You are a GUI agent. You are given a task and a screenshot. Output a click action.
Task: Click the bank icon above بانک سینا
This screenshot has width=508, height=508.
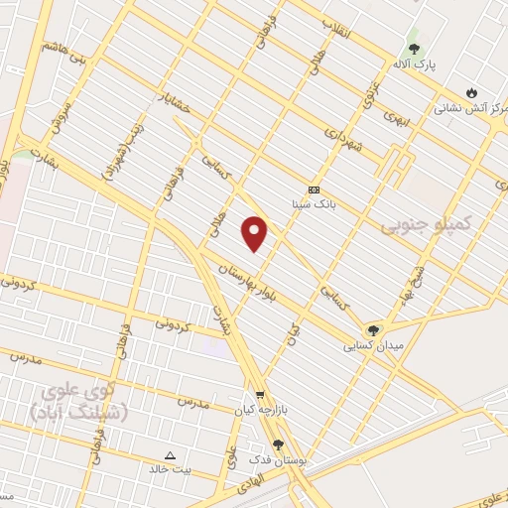(x=314, y=190)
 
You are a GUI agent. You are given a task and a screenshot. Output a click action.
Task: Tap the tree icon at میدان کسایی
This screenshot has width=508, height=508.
(x=373, y=330)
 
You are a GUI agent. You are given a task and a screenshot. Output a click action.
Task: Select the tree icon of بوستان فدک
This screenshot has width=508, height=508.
(x=277, y=446)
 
